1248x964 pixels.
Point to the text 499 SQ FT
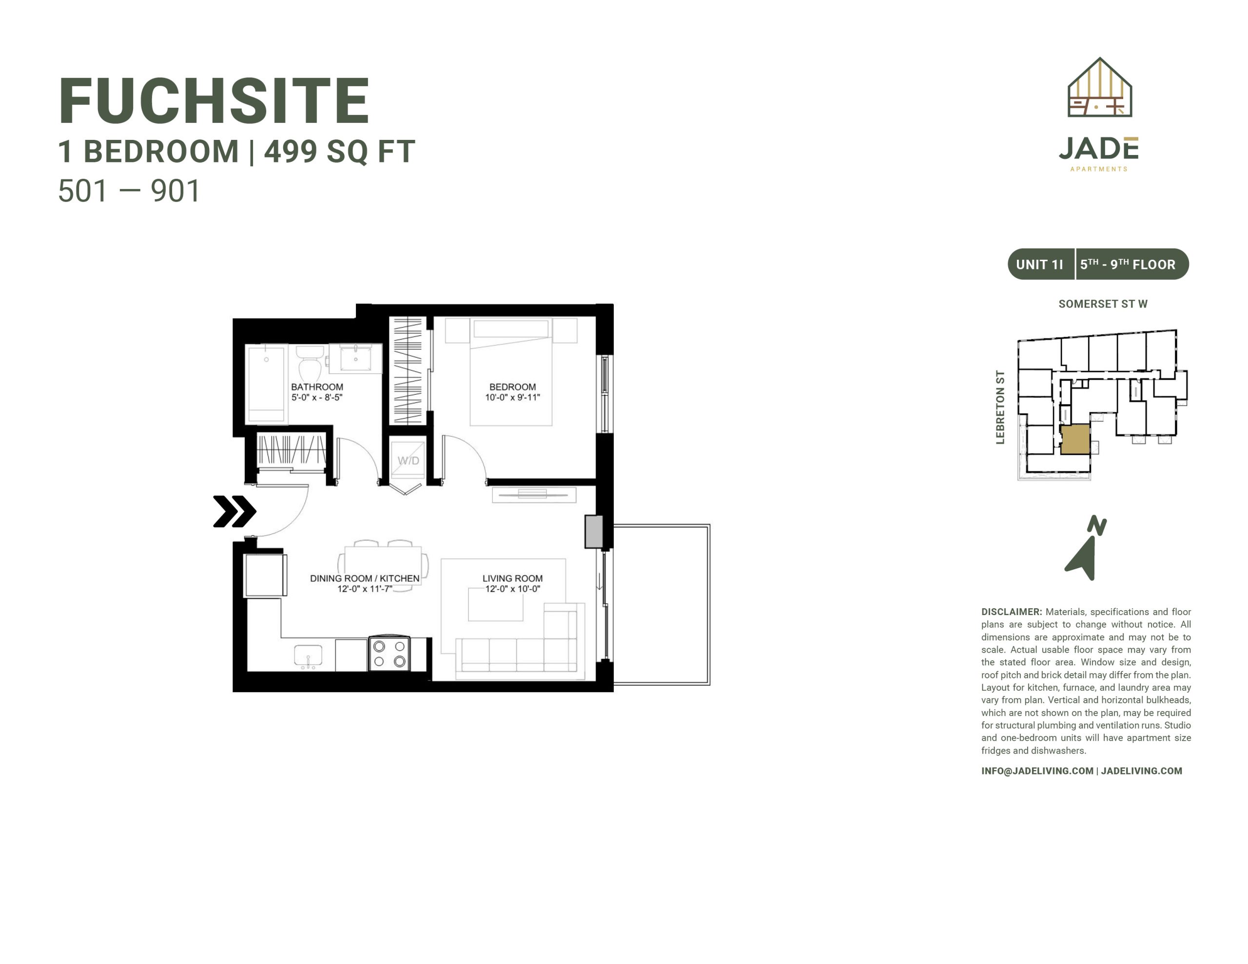[339, 152]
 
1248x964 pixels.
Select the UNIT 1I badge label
[1039, 265]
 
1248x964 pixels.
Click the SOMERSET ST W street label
[1103, 304]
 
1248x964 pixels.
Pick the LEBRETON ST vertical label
[1000, 407]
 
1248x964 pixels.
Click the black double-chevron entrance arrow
[234, 511]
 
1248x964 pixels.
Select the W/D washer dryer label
[408, 461]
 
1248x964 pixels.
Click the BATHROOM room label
[317, 387]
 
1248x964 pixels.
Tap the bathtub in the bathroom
[266, 384]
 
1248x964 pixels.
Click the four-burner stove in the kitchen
[389, 653]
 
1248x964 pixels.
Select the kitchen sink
[308, 656]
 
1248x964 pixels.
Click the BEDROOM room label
[512, 387]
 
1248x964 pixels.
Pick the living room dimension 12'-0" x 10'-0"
[512, 589]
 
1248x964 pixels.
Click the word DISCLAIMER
[1012, 612]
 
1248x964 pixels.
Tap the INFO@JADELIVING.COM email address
[1037, 771]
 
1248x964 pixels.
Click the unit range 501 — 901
[129, 191]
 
